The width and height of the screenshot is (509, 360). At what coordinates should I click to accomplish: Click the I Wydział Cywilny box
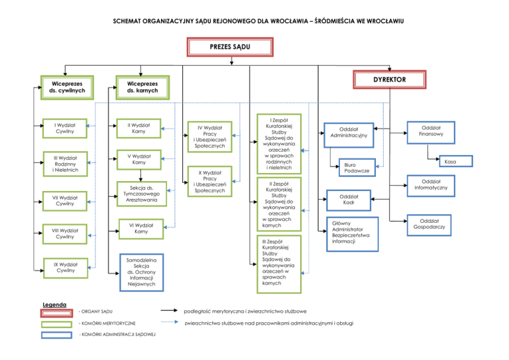[65, 127]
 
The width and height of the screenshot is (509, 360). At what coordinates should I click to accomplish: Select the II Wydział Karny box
[139, 127]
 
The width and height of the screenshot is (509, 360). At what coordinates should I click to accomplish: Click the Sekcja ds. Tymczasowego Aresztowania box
[139, 193]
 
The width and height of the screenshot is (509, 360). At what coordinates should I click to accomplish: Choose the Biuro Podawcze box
[357, 168]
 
